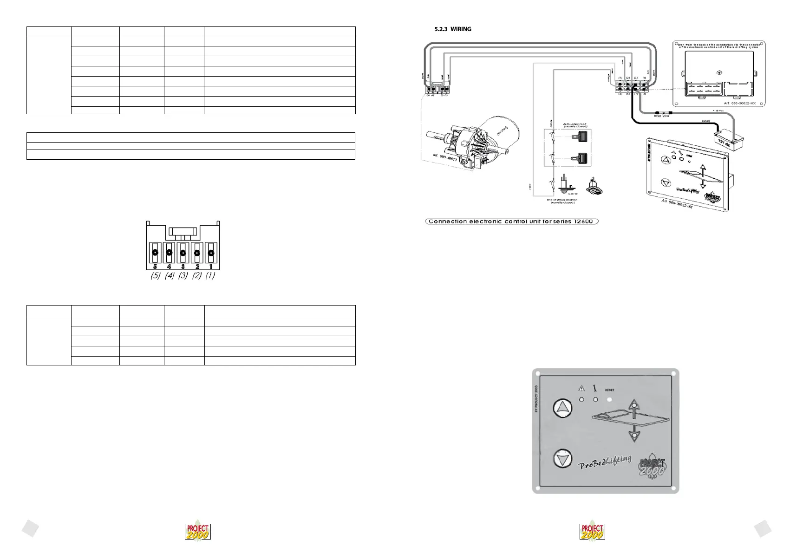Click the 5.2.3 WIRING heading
[452, 29]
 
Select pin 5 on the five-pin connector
[155, 253]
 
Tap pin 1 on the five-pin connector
[211, 253]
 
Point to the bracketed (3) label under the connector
[183, 275]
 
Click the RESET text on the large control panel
[609, 390]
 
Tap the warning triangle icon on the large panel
[581, 388]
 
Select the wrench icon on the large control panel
[595, 388]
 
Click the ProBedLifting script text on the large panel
[605, 462]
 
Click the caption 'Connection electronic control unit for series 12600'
[512, 221]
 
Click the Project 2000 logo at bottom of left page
[198, 531]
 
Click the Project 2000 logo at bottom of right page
[592, 531]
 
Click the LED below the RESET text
[609, 399]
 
